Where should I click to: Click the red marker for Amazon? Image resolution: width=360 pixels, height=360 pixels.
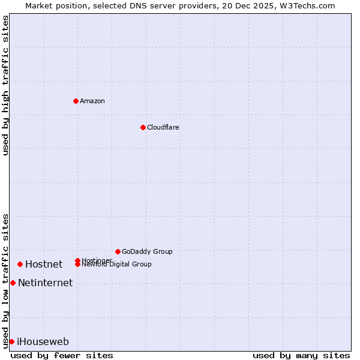click(76, 101)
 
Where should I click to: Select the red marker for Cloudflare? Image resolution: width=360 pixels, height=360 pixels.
click(143, 127)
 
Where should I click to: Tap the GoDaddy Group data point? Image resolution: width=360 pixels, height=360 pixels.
click(118, 251)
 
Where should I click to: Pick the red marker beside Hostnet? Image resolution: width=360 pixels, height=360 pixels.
click(20, 264)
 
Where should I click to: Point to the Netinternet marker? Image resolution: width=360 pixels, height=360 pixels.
click(13, 283)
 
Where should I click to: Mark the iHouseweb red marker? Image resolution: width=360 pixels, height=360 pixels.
click(11, 341)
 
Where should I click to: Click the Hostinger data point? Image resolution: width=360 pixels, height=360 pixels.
click(77, 260)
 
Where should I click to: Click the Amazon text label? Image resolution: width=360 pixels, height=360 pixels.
click(92, 101)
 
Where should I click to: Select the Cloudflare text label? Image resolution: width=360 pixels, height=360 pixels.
click(163, 127)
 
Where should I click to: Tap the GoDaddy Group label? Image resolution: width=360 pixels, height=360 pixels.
click(147, 251)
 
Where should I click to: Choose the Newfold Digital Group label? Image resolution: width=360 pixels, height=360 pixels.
click(117, 265)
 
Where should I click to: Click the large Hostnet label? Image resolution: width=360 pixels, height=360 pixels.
click(44, 264)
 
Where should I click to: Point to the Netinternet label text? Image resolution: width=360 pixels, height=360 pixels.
click(45, 283)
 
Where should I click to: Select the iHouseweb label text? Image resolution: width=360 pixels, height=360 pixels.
click(43, 341)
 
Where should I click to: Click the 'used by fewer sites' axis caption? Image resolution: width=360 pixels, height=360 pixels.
click(62, 355)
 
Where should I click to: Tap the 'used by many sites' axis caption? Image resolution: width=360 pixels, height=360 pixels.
click(301, 355)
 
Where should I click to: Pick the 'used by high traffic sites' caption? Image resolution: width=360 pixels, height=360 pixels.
click(5, 85)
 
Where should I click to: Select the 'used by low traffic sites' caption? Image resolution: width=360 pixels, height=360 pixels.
click(5, 280)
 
